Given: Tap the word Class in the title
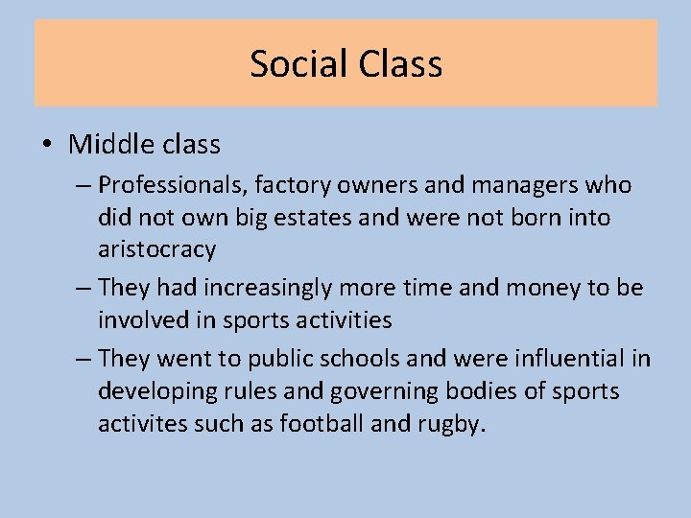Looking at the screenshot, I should pos(399,64).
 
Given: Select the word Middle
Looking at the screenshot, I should pos(105,145).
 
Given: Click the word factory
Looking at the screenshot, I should pos(287,185).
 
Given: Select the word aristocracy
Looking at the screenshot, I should pos(156,249).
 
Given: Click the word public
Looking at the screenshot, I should pos(280,359).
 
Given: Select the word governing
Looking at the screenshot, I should pos(379,391).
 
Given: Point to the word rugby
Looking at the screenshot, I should pos(449,424).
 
